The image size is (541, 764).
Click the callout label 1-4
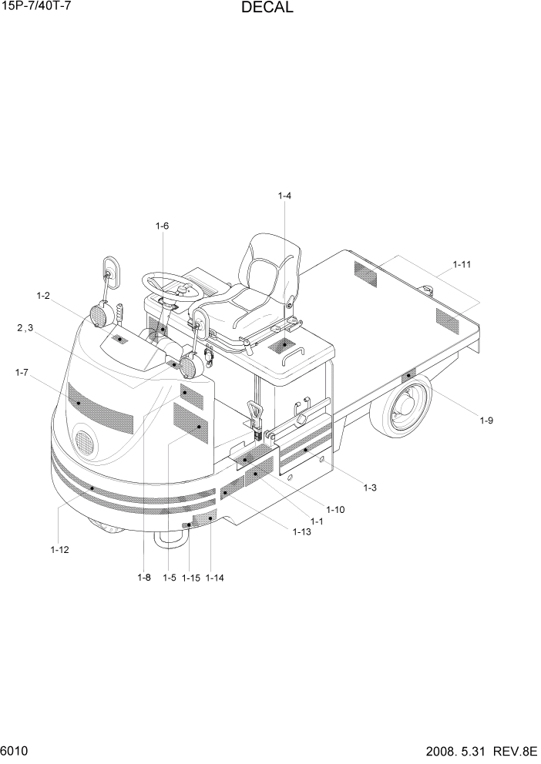(284, 196)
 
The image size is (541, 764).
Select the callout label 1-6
(162, 226)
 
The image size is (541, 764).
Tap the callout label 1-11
(462, 265)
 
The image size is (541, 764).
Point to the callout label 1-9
(486, 421)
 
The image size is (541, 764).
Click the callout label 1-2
(43, 296)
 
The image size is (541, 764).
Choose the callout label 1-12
(59, 549)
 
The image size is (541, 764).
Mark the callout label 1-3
(369, 488)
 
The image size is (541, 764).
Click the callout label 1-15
(190, 578)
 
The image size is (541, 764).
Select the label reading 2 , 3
(25, 328)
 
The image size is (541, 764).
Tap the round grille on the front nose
(84, 443)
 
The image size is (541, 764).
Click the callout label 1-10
(335, 509)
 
